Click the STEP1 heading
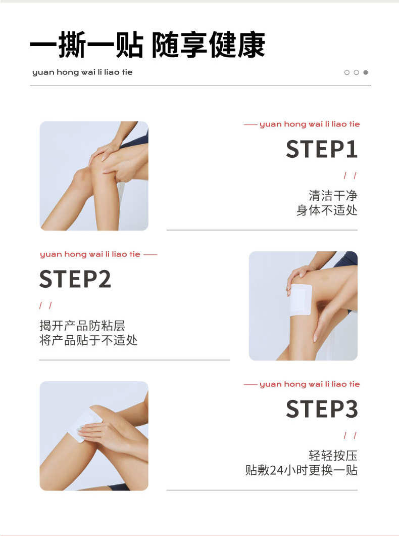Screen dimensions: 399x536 322,149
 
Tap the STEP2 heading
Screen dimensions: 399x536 75,279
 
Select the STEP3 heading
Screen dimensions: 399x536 322,409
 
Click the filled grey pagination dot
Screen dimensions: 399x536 366,72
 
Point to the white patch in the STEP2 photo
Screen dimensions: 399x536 300,300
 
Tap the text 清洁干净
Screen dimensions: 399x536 333,196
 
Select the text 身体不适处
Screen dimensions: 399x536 327,210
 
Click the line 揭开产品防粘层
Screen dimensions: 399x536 82,326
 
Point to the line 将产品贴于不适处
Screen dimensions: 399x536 88,340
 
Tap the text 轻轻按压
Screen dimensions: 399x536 333,455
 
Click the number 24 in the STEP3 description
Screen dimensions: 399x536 276,470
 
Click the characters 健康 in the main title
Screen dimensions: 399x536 237,44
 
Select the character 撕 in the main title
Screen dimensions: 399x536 72,44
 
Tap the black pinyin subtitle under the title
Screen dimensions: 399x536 82,72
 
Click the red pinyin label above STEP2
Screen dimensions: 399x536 90,254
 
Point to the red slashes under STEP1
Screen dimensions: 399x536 350,175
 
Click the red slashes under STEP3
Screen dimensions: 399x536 350,435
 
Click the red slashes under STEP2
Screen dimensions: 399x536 46,305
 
